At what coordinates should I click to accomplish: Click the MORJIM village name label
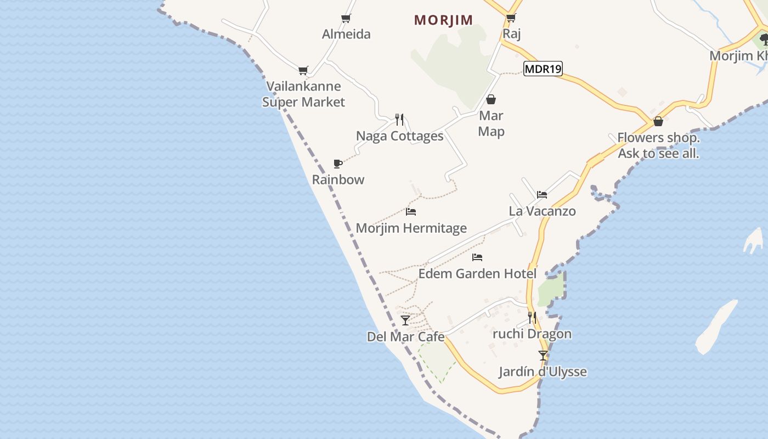(x=443, y=20)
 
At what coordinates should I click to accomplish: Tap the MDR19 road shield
(x=543, y=69)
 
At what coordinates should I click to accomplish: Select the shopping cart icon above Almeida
(x=346, y=19)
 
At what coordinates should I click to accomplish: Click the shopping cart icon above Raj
(x=511, y=18)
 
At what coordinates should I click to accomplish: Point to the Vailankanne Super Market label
(x=303, y=94)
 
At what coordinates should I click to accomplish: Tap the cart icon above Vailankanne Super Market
(x=303, y=70)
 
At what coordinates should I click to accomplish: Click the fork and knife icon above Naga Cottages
(x=399, y=119)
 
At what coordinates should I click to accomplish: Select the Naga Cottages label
(x=399, y=136)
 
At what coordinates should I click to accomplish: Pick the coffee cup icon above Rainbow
(x=338, y=164)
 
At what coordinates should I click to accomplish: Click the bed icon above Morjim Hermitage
(x=411, y=211)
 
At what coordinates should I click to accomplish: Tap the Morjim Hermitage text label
(x=411, y=228)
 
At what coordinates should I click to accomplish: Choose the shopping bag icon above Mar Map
(x=491, y=99)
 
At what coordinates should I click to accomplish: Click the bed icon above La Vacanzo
(x=542, y=194)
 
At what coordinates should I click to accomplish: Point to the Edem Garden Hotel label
(x=477, y=273)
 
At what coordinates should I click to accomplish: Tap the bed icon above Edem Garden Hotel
(x=477, y=257)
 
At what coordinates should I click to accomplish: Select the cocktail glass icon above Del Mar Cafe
(x=405, y=320)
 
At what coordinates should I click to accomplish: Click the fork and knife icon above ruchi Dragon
(x=532, y=317)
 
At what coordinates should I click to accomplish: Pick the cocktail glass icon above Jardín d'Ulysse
(x=543, y=355)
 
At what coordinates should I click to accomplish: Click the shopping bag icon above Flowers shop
(x=658, y=121)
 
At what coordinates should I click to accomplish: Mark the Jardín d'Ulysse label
(x=543, y=372)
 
